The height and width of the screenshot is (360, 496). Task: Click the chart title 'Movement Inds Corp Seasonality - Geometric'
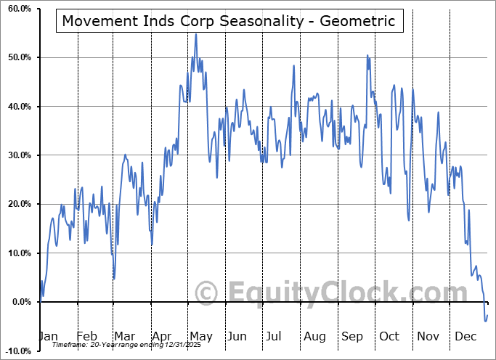click(229, 20)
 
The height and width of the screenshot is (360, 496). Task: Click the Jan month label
click(47, 336)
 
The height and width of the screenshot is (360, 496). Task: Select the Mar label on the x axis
click(124, 336)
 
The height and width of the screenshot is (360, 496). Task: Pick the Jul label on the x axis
click(275, 336)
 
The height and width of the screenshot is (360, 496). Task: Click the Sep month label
click(352, 336)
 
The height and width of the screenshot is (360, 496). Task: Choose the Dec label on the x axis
click(465, 336)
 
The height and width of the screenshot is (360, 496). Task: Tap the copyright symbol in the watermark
click(208, 293)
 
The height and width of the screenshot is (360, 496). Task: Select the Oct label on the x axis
click(389, 336)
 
